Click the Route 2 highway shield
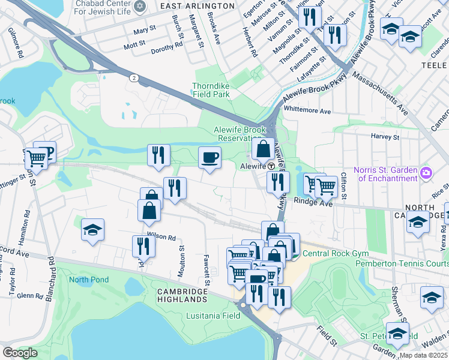click(x=133, y=77)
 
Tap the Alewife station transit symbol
click(x=271, y=166)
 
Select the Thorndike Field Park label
click(x=211, y=90)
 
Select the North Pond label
click(x=87, y=280)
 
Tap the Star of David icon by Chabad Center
click(x=140, y=6)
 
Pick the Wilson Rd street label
click(x=161, y=237)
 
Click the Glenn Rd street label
click(x=30, y=295)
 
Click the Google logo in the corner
click(x=20, y=353)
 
